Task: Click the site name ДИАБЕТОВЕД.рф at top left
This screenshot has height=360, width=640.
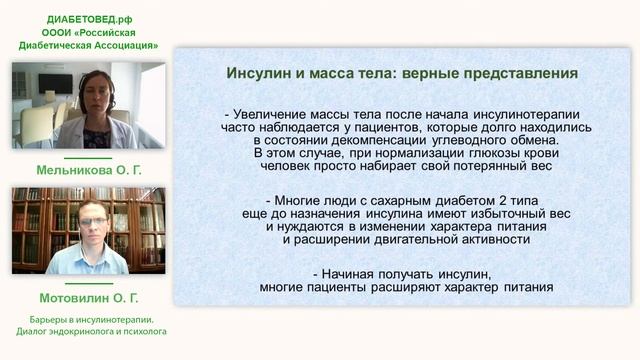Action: pyautogui.click(x=89, y=18)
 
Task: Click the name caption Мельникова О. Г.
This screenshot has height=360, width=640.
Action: pyautogui.click(x=89, y=170)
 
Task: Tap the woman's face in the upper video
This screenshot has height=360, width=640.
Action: pyautogui.click(x=96, y=91)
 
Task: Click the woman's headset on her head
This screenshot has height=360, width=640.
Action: pyautogui.click(x=97, y=74)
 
